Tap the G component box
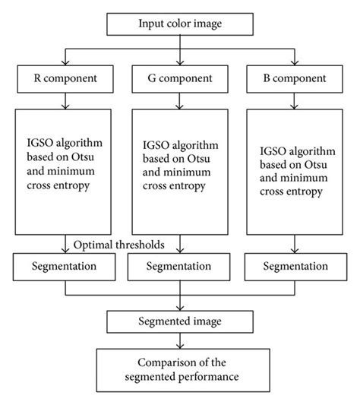(x=180, y=79)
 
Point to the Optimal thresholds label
(x=120, y=245)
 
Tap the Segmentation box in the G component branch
(x=180, y=266)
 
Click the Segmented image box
(x=180, y=321)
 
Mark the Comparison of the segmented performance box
(x=180, y=369)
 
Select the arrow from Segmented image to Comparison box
(x=180, y=340)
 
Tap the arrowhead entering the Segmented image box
(x=180, y=307)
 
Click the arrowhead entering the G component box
(x=180, y=64)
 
